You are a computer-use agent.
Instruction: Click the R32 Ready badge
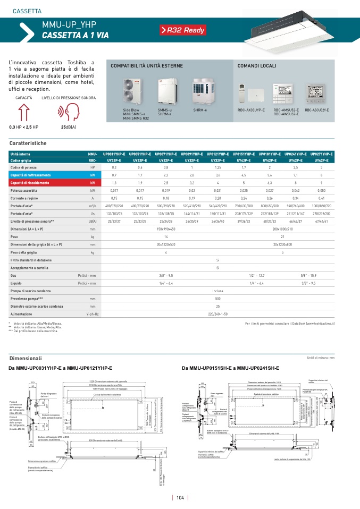pyautogui.click(x=182, y=30)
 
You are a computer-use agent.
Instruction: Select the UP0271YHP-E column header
pyautogui.click(x=322, y=154)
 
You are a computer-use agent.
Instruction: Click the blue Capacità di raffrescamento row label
pyautogui.click(x=30, y=175)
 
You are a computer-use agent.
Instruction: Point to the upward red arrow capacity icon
pyautogui.click(x=23, y=113)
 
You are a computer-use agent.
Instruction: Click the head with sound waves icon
pyautogui.click(x=69, y=113)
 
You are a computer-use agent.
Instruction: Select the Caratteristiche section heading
pyautogui.click(x=28, y=143)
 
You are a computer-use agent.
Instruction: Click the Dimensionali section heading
pyautogui.click(x=26, y=359)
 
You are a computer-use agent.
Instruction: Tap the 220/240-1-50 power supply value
pyautogui.click(x=217, y=314)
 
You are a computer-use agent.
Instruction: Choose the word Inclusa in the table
pyautogui.click(x=217, y=291)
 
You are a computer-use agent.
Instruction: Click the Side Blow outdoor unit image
pyautogui.click(x=130, y=91)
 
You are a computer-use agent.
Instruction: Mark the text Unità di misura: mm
pyautogui.click(x=321, y=359)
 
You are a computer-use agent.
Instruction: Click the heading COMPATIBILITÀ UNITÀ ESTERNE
pyautogui.click(x=146, y=66)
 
